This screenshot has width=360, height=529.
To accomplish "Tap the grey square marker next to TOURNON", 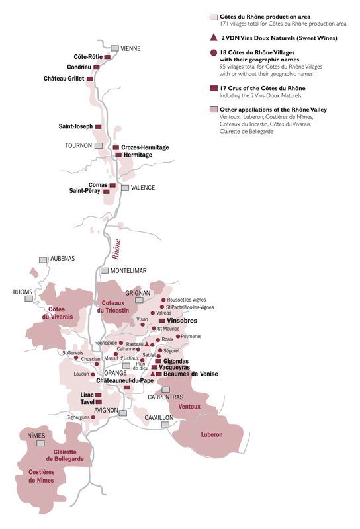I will coord(99,145).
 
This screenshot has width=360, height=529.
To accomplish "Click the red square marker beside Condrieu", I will coord(97,67).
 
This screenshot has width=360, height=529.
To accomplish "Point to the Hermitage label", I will coord(138,155).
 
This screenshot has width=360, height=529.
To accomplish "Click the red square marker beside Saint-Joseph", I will coord(99,126).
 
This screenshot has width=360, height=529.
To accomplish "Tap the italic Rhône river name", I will coord(116,250).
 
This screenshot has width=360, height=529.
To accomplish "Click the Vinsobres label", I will coord(183,320).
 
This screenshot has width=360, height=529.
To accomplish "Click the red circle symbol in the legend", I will coord(213,52).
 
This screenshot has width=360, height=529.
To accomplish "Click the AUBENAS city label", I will coord(63,259).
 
